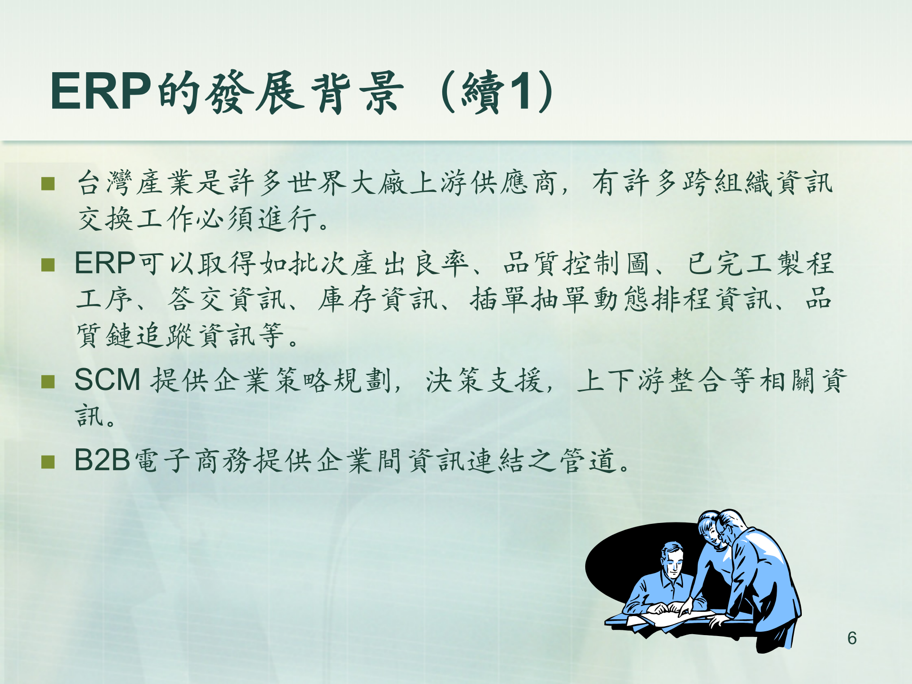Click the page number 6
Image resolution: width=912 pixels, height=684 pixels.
coord(852,638)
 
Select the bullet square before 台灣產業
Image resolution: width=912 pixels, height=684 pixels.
coord(48,183)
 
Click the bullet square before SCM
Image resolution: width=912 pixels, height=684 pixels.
coord(48,381)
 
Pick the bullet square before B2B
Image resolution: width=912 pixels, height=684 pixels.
coord(48,462)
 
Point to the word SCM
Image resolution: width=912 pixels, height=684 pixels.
coord(107,380)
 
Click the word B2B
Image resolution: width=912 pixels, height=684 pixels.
coord(102,460)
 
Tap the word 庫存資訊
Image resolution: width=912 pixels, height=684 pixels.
coord(378,300)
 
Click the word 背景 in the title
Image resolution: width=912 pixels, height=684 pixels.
coord(357,92)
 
